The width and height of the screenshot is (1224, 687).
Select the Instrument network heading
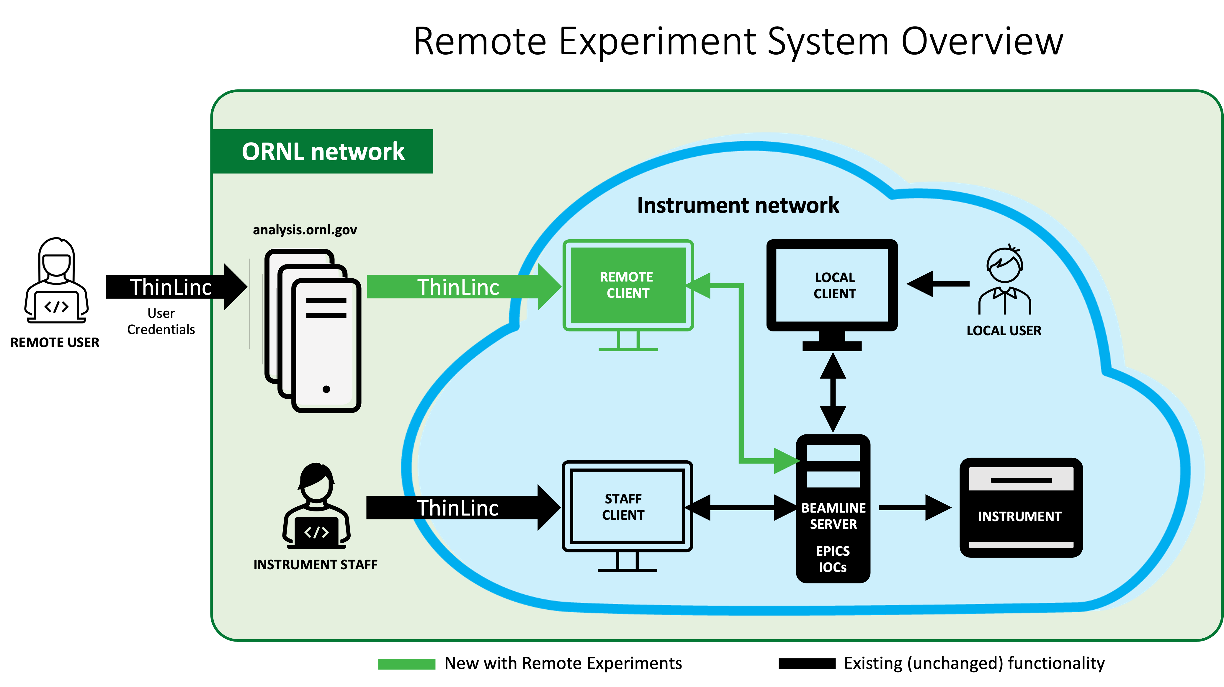(738, 205)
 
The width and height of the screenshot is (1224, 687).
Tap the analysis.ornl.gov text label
(305, 230)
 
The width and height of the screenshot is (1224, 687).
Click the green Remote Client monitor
(628, 285)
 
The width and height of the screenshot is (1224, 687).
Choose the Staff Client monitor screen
(627, 506)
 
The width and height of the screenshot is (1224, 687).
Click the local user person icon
(1004, 280)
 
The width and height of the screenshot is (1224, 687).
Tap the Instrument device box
(1021, 507)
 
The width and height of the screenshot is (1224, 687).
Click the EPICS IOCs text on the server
(832, 559)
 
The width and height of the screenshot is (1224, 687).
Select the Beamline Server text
(834, 516)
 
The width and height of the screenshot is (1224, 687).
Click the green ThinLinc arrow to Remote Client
(463, 287)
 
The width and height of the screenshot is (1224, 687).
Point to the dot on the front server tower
(326, 390)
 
